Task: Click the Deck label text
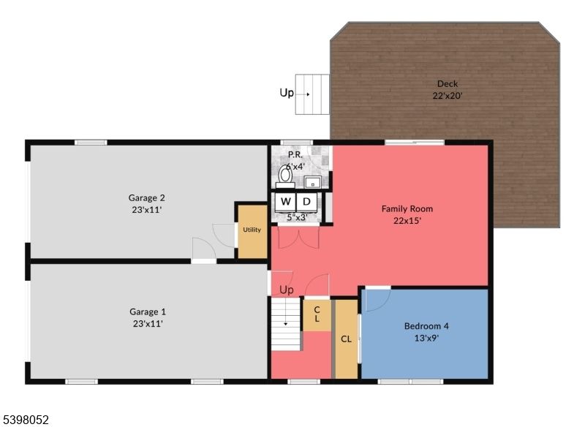[447, 84]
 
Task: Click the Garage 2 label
[147, 197]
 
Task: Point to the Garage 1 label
[147, 311]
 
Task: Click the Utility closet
[252, 230]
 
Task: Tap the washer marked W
[285, 201]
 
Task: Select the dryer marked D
[307, 201]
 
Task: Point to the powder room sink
[312, 182]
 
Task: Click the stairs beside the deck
[310, 94]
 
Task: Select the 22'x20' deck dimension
[447, 96]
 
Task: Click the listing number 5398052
[26, 420]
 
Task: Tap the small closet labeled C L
[317, 314]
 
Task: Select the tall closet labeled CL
[346, 339]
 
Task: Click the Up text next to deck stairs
[287, 93]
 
